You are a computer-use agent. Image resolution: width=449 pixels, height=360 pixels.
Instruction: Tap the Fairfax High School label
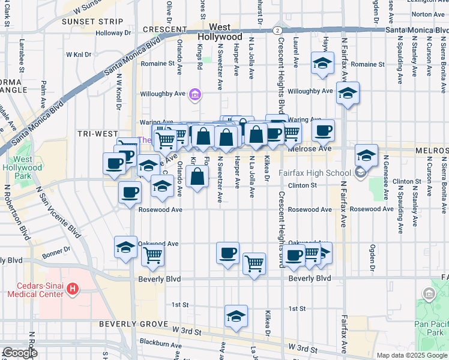pyautogui.click(x=315, y=173)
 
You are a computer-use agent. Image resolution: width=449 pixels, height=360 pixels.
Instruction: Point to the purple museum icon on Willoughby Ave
pyautogui.click(x=194, y=94)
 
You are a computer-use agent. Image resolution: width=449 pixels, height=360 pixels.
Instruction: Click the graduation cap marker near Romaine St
pyautogui.click(x=322, y=64)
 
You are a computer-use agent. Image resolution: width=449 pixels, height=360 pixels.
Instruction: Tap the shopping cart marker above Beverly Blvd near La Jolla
pyautogui.click(x=254, y=263)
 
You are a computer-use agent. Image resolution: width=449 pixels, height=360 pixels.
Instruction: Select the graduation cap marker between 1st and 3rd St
pyautogui.click(x=236, y=316)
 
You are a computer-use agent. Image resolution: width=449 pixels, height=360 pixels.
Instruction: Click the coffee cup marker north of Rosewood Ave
pyautogui.click(x=130, y=193)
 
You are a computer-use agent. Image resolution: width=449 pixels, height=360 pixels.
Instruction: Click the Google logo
pyautogui.click(x=19, y=353)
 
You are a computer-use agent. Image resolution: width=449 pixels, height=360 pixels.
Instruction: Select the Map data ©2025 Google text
pyautogui.click(x=411, y=355)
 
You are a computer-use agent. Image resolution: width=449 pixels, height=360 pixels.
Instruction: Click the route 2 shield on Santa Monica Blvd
pyautogui.click(x=276, y=29)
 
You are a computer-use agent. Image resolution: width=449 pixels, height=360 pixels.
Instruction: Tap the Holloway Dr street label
pyautogui.click(x=108, y=33)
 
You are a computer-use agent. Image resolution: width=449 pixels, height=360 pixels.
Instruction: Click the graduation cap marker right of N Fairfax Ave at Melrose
pyautogui.click(x=366, y=155)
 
